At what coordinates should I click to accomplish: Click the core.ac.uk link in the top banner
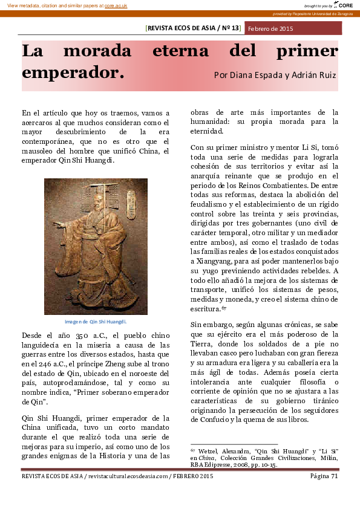(x=116, y=5)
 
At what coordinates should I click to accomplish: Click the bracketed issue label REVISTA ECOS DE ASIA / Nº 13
(x=194, y=28)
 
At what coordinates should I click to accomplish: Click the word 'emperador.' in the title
(x=73, y=73)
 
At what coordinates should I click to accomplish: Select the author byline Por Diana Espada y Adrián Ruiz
(x=275, y=76)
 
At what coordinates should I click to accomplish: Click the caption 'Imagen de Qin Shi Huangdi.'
(x=96, y=322)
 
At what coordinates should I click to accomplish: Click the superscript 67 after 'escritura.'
(x=223, y=307)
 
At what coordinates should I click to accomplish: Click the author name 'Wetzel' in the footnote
(x=209, y=451)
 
